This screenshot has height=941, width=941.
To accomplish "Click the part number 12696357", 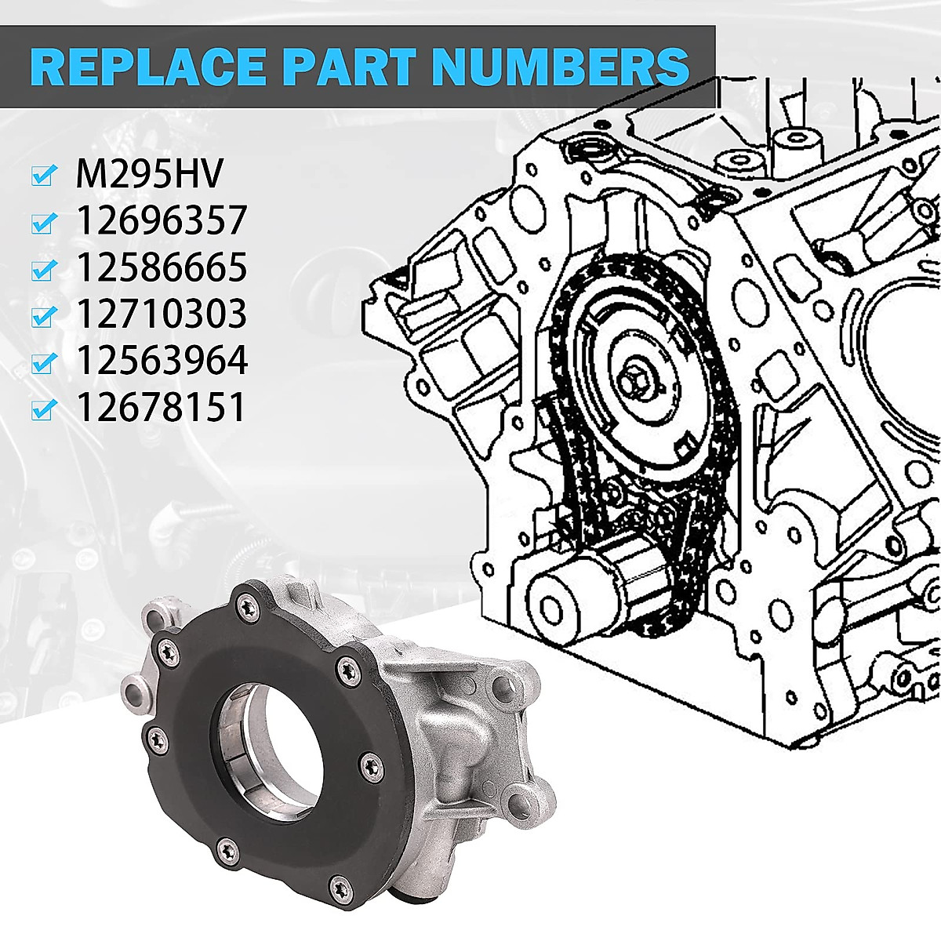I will tap(161, 221).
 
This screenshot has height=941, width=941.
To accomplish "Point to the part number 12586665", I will tap(161, 268).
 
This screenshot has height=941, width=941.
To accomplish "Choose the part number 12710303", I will tap(161, 314).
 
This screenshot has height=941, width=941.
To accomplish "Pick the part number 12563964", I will tap(161, 361).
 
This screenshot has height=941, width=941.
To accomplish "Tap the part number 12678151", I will tap(161, 408).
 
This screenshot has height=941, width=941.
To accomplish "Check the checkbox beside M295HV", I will tap(44, 176).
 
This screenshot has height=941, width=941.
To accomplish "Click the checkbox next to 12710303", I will tap(44, 316).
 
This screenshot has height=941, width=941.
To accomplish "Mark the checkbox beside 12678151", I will tap(44, 409).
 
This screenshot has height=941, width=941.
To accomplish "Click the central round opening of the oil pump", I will tap(263, 734).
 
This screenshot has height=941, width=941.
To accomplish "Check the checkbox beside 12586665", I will tap(44, 270).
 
